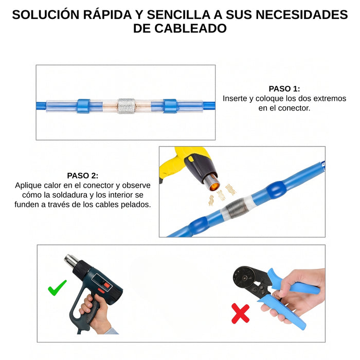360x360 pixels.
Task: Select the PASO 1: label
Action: [x=284, y=88]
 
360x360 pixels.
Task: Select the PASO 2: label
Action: [x=82, y=175]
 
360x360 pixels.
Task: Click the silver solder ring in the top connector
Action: [x=125, y=106]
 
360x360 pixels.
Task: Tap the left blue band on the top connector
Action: [x=83, y=106]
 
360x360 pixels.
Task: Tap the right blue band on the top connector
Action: [x=170, y=106]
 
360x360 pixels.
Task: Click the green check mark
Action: [x=57, y=287]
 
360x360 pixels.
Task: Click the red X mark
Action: [x=240, y=313]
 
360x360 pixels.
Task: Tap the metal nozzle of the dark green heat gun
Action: [x=69, y=261]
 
